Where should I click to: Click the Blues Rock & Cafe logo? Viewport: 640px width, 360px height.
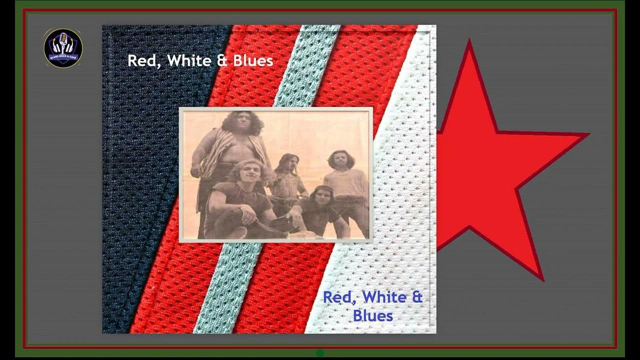(63, 47)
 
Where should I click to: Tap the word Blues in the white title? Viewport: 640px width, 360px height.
(253, 60)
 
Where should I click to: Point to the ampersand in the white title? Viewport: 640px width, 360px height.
(223, 60)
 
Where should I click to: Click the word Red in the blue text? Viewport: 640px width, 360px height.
(339, 297)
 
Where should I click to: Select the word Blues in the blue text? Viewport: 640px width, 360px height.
(372, 315)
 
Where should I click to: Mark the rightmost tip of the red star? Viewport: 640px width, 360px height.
(587, 134)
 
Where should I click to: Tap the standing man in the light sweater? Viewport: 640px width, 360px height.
(345, 185)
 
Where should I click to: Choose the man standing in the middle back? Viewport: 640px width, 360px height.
(289, 182)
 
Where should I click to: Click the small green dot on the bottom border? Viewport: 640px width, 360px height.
(320, 353)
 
